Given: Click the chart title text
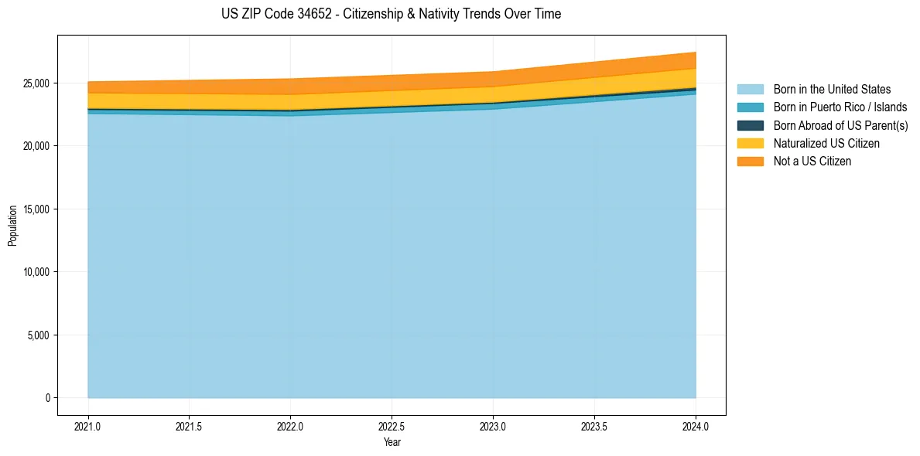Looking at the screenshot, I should [x=391, y=14].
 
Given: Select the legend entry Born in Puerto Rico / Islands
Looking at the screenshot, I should [x=840, y=107].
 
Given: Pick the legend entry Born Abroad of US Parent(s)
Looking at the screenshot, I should [x=840, y=125].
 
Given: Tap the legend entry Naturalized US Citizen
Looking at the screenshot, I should [x=826, y=143].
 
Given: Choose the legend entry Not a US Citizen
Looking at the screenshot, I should [x=812, y=161].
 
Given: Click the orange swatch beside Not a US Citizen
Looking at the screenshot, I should [x=750, y=161].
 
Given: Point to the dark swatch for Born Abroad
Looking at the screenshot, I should [x=750, y=125].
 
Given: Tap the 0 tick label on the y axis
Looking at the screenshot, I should [x=47, y=398].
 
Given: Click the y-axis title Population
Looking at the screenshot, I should [x=12, y=226].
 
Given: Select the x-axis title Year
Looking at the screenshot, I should [x=392, y=442].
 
